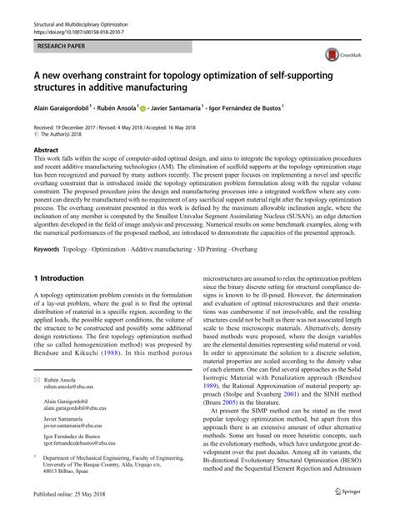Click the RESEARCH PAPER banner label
point(62,39)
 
